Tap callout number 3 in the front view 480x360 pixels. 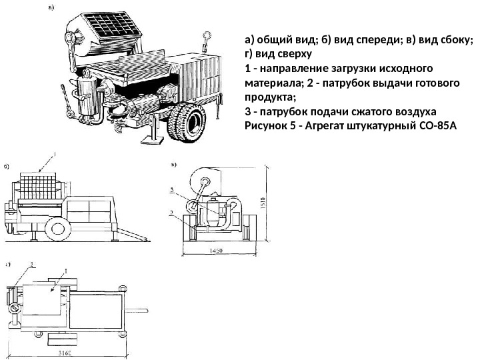click(173, 190)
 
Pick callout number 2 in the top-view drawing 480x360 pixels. click(30, 265)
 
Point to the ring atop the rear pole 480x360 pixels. click(207, 34)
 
